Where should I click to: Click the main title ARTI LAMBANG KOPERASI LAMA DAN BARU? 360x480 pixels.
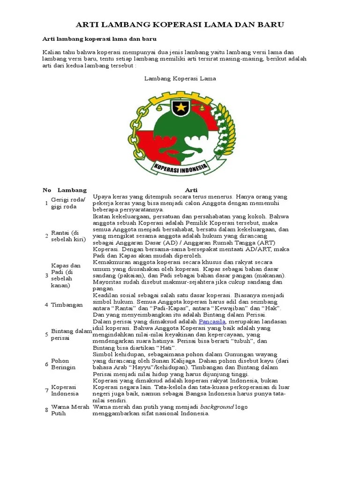click(180, 24)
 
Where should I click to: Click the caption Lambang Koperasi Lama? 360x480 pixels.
click(180, 79)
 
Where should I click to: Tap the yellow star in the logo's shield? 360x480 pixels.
click(180, 108)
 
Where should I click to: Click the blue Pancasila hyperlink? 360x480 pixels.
click(213, 322)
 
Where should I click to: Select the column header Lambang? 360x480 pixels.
click(72, 190)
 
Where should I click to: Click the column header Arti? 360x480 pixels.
click(191, 190)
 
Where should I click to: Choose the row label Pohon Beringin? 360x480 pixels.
click(63, 364)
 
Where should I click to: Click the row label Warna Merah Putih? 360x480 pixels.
click(70, 410)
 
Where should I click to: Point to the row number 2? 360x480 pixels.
click(46, 236)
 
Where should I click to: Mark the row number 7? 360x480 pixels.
click(46, 390)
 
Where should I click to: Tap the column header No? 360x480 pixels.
click(47, 190)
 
